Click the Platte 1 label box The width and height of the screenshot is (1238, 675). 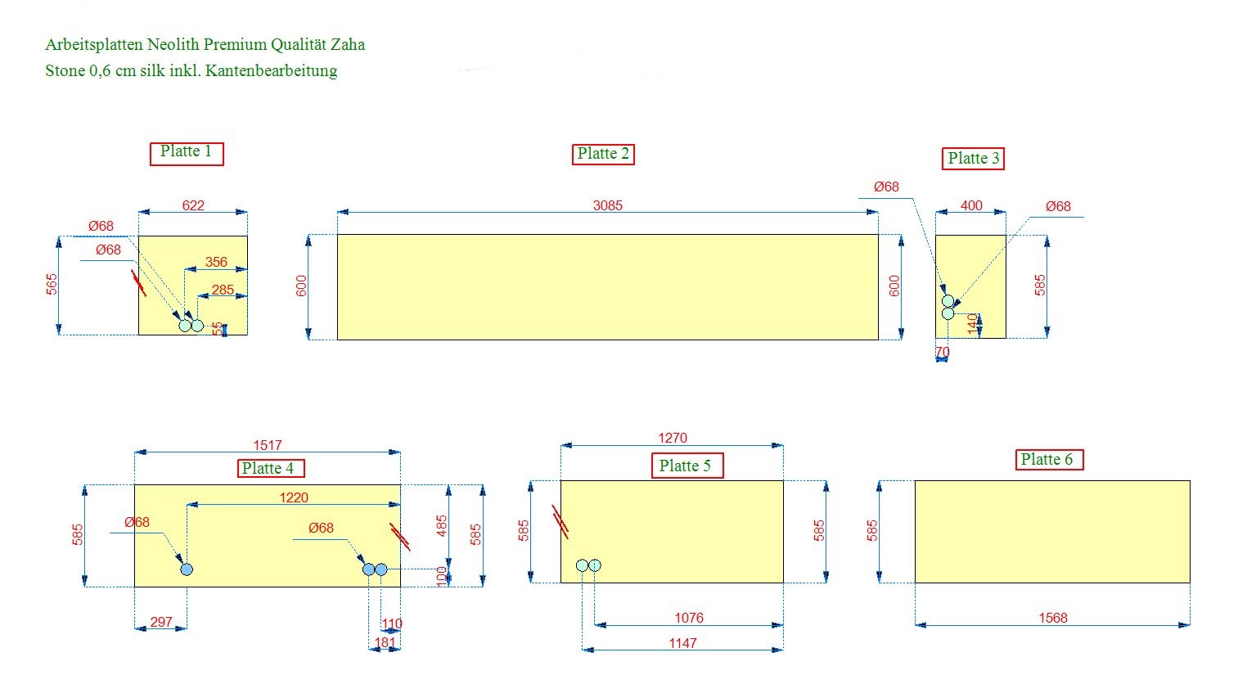[187, 153]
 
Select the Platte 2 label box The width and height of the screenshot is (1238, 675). [603, 154]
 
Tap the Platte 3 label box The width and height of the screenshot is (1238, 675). [973, 159]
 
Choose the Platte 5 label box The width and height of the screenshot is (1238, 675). [685, 466]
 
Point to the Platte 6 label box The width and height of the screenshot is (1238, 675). [1047, 460]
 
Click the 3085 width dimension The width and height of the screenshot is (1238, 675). [608, 205]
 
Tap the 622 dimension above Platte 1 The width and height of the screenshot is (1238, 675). [193, 205]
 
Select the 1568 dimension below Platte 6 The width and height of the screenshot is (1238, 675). [1053, 619]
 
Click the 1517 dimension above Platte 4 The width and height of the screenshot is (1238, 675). [268, 445]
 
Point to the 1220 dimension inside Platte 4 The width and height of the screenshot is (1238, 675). [294, 497]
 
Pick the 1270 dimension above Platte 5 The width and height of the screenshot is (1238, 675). [673, 439]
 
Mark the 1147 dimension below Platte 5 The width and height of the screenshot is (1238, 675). [682, 643]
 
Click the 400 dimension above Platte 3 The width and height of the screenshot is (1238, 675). [971, 205]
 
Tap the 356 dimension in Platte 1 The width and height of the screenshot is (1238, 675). [216, 262]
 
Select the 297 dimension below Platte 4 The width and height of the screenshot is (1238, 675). [161, 622]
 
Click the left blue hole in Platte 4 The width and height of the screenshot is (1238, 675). [187, 569]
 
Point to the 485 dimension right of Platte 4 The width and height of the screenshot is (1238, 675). [442, 526]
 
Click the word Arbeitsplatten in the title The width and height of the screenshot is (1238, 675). [93, 45]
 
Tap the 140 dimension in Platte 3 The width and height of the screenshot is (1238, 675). [973, 323]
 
